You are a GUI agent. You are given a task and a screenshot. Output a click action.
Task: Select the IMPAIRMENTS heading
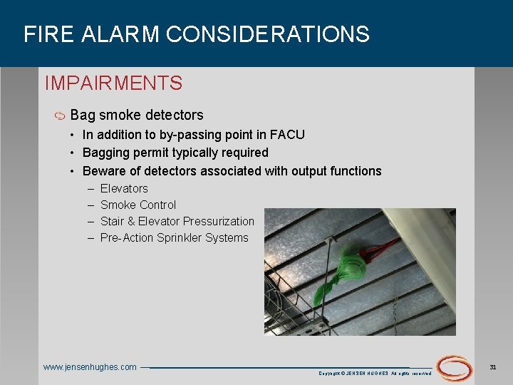click(x=113, y=83)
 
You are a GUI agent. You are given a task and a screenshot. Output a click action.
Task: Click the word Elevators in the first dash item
click(x=124, y=188)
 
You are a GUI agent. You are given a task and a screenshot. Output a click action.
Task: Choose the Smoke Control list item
click(x=138, y=205)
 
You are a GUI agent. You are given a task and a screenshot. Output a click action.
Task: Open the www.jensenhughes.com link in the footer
click(x=90, y=367)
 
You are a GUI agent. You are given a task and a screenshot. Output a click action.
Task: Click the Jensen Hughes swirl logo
click(x=454, y=367)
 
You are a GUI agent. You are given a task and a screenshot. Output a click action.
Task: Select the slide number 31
click(x=492, y=366)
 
